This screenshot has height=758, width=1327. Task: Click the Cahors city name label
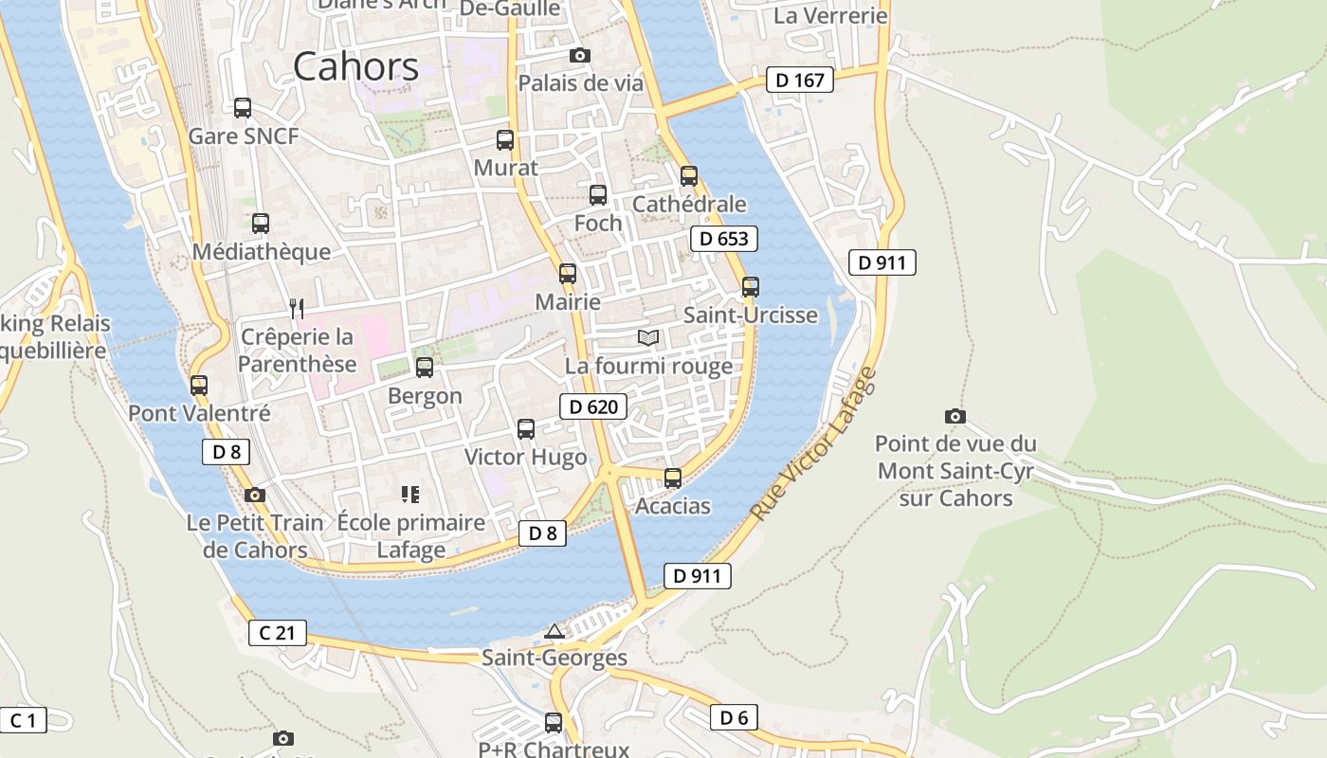pyautogui.click(x=355, y=66)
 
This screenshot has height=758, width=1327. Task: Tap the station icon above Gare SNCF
pyautogui.click(x=243, y=108)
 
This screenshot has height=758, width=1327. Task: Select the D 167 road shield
pyautogui.click(x=800, y=81)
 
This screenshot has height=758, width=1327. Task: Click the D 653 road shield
pyautogui.click(x=724, y=239)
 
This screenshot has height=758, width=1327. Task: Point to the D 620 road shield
pyautogui.click(x=593, y=407)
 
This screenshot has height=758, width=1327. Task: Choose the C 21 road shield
pyautogui.click(x=278, y=633)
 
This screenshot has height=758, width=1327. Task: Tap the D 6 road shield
pyautogui.click(x=734, y=717)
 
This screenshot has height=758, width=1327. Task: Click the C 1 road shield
pyautogui.click(x=23, y=720)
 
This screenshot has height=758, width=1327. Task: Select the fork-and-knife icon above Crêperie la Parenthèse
pyautogui.click(x=297, y=308)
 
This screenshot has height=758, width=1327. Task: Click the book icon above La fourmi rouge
pyautogui.click(x=648, y=337)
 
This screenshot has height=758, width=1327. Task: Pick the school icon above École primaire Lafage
pyautogui.click(x=410, y=494)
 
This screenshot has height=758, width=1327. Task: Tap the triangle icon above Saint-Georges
pyautogui.click(x=554, y=631)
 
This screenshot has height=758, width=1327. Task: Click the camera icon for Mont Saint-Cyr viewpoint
pyautogui.click(x=955, y=416)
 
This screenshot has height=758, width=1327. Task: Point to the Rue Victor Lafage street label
pyautogui.click(x=814, y=443)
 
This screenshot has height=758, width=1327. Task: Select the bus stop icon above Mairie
pyautogui.click(x=568, y=274)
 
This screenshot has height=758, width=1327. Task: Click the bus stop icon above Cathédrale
pyautogui.click(x=689, y=175)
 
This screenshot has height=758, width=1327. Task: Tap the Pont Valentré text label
pyautogui.click(x=199, y=414)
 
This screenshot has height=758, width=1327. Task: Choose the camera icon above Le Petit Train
pyautogui.click(x=254, y=495)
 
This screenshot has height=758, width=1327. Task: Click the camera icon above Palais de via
pyautogui.click(x=580, y=56)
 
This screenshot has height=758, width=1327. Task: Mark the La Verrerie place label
pyautogui.click(x=830, y=16)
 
